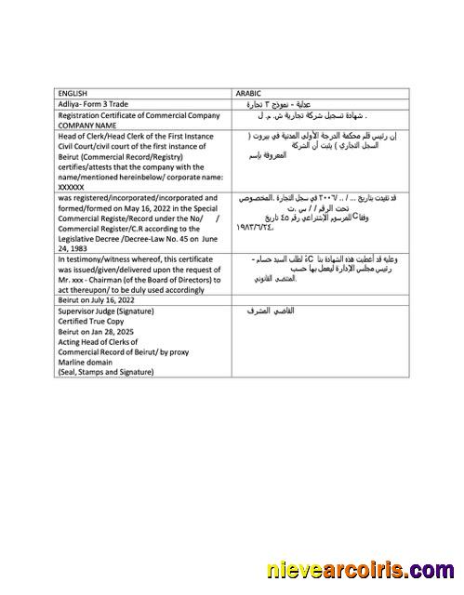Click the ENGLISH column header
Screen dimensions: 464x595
(x=73, y=93)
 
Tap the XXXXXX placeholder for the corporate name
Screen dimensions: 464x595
(x=72, y=187)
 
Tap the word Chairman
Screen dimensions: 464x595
(x=111, y=280)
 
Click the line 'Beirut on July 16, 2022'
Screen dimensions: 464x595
(x=98, y=302)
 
